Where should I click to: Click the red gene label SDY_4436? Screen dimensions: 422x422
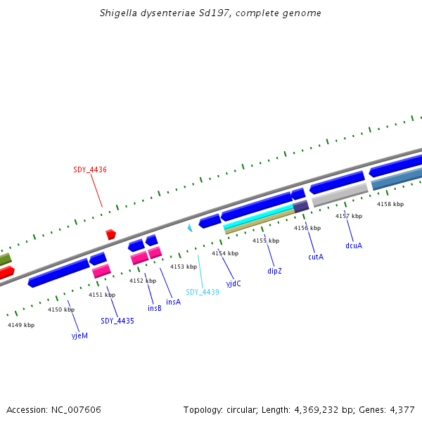(x=90, y=170)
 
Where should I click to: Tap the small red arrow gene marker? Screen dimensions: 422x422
(x=110, y=234)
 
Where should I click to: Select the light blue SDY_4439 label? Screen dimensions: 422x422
(x=203, y=292)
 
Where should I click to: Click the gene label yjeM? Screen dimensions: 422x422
(x=79, y=335)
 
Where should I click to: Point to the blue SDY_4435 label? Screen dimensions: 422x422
(x=117, y=321)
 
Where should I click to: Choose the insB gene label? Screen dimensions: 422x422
(x=155, y=308)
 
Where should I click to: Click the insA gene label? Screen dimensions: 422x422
(x=173, y=302)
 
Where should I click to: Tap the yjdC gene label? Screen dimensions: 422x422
(x=234, y=283)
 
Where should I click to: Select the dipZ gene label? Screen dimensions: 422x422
(x=274, y=270)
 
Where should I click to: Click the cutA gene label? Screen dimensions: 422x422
(x=316, y=257)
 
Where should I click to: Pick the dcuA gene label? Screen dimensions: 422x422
(x=354, y=245)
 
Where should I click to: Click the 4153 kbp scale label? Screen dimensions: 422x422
(x=184, y=267)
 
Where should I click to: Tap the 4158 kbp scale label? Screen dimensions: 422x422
(x=390, y=204)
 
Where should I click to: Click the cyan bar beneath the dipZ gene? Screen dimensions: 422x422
(x=257, y=218)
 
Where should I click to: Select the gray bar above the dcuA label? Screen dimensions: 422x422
(x=340, y=196)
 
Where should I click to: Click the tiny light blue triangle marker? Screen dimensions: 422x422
(x=189, y=228)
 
